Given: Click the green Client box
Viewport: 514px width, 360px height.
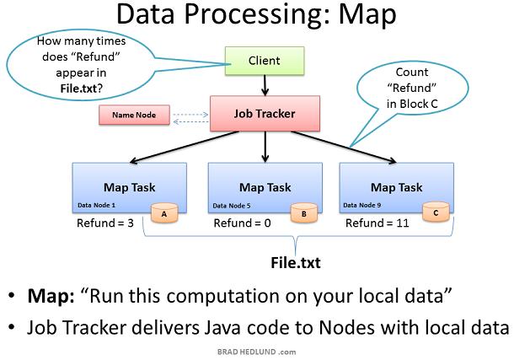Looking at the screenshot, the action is [265, 61].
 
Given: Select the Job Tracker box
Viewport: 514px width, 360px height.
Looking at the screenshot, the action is [265, 114].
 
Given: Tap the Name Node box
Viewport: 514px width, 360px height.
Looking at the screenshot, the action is [135, 115].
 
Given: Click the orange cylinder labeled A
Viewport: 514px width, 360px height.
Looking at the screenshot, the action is [164, 213].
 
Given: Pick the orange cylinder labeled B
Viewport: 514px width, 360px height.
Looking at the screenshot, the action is [304, 213].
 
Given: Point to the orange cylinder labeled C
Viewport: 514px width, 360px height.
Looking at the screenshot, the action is [436, 212].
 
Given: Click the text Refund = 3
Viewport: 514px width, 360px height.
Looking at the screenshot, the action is [105, 223].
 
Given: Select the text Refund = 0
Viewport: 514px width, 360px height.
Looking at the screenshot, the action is [242, 223].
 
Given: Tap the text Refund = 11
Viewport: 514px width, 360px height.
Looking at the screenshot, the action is [377, 223].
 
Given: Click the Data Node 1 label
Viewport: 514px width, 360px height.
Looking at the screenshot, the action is [96, 205].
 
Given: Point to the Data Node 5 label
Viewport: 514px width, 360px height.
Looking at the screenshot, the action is [232, 206].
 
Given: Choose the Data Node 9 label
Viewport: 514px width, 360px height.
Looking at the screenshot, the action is [361, 205].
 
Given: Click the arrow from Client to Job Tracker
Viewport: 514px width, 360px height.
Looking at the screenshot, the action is [265, 86].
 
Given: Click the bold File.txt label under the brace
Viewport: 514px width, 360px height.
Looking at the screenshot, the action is [296, 263].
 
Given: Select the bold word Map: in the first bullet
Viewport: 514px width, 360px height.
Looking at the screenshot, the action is [51, 296].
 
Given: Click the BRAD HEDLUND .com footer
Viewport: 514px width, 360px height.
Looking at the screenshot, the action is [257, 352].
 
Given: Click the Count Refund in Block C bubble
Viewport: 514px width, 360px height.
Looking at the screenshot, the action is [412, 88].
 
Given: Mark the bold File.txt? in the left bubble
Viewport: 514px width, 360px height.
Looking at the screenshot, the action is [82, 89].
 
